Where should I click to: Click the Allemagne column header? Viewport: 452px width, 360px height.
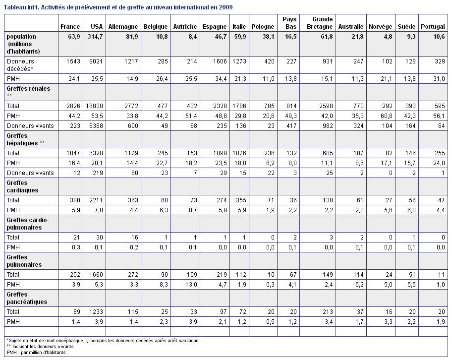click(123, 27)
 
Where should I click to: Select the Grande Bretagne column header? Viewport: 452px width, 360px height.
click(320, 23)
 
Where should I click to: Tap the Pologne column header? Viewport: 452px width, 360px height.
click(263, 27)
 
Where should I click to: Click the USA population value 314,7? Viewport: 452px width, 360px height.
click(96, 37)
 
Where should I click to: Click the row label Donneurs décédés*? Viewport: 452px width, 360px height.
click(20, 65)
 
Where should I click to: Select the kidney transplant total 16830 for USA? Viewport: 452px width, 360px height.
click(94, 106)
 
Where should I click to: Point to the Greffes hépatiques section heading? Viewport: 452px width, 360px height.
click(26, 139)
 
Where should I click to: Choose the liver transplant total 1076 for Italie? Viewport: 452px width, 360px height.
click(239, 153)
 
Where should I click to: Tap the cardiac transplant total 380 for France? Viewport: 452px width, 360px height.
click(75, 200)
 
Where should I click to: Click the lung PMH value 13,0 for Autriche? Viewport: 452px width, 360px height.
click(191, 285)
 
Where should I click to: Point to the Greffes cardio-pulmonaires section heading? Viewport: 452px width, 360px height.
click(28, 224)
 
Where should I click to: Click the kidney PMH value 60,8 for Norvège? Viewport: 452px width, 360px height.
click(386, 116)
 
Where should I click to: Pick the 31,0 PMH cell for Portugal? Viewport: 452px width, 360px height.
click(439, 79)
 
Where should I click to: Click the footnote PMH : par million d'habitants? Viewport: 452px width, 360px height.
click(36, 353)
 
